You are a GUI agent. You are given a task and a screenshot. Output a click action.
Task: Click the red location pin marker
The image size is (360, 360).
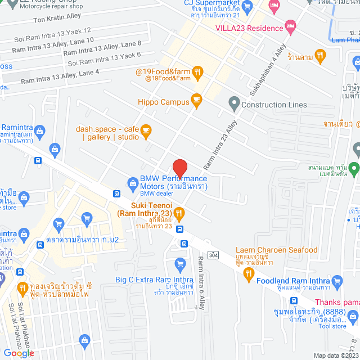[179, 168]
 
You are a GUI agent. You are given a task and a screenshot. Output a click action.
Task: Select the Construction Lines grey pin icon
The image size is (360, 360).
[233, 104]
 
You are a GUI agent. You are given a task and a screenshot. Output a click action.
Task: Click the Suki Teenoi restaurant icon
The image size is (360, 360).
[179, 213]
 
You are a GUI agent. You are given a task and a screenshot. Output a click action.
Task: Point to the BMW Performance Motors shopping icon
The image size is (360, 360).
[133, 182]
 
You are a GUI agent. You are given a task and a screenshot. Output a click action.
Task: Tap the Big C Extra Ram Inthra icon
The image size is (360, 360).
[180, 263]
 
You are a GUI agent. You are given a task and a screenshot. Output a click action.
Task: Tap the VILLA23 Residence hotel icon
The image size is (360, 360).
[290, 25]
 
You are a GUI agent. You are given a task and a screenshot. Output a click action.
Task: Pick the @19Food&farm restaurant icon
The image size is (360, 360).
[197, 71]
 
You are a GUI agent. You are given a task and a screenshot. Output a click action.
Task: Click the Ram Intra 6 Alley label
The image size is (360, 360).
[201, 282]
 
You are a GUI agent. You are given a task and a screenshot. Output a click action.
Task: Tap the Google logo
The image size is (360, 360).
[19, 353]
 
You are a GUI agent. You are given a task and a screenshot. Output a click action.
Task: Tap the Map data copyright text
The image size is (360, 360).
[335, 355]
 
